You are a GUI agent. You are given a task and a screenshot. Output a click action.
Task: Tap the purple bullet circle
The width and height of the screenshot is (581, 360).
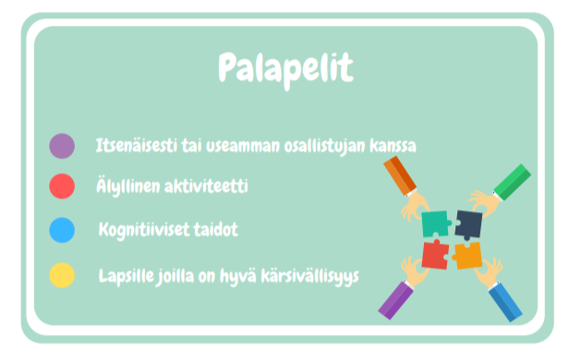click(x=62, y=146)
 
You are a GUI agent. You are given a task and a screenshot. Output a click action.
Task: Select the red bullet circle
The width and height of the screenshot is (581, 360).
click(x=62, y=186)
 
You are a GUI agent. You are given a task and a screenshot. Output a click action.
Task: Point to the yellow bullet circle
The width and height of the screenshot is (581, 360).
click(x=62, y=275)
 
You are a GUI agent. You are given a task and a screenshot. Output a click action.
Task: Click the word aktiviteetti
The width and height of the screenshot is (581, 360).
click(x=209, y=186)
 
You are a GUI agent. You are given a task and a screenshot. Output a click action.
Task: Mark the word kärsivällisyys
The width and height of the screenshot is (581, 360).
click(x=309, y=275)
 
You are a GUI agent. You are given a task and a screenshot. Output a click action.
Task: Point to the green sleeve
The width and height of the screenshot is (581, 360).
click(x=513, y=181)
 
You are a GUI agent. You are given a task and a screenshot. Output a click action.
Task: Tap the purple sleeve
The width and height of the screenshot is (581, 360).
click(x=396, y=299)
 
